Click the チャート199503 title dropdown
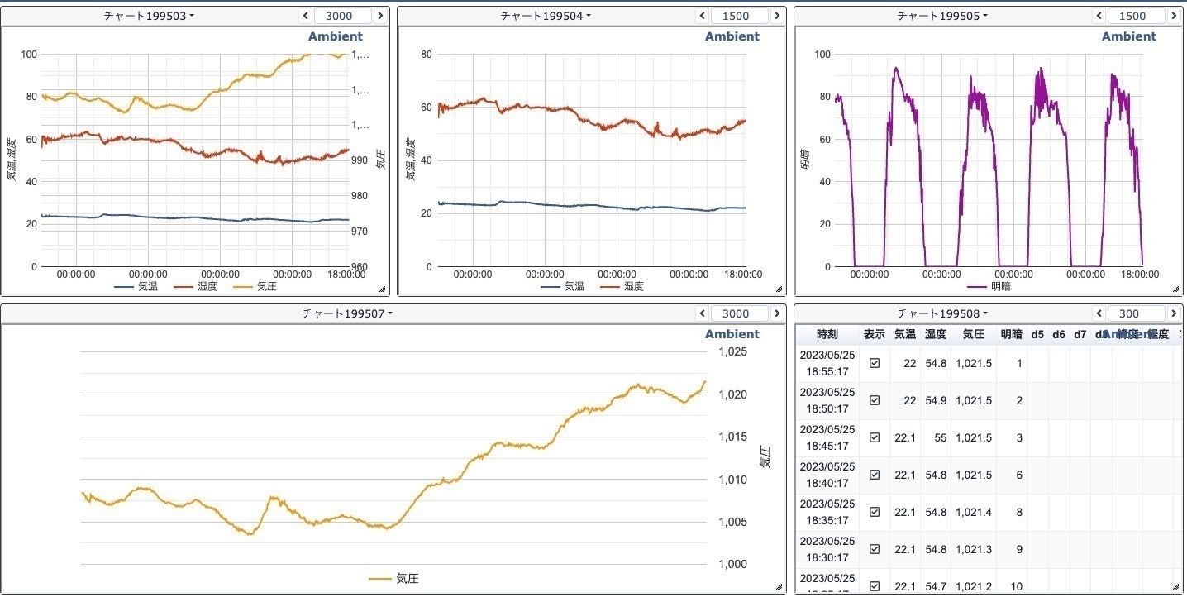(149, 16)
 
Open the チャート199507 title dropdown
(347, 313)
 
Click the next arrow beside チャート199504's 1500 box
(777, 16)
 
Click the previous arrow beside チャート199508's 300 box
(1100, 313)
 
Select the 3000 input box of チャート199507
(736, 313)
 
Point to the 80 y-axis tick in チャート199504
(427, 55)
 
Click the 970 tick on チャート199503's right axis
(360, 232)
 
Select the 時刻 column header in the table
(827, 335)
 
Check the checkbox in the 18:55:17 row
(875, 363)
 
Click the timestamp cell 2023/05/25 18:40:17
(827, 475)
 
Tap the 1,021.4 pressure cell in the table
(973, 512)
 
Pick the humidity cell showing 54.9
(936, 400)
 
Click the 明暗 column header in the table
(1011, 335)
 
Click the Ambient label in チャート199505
(1128, 36)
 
